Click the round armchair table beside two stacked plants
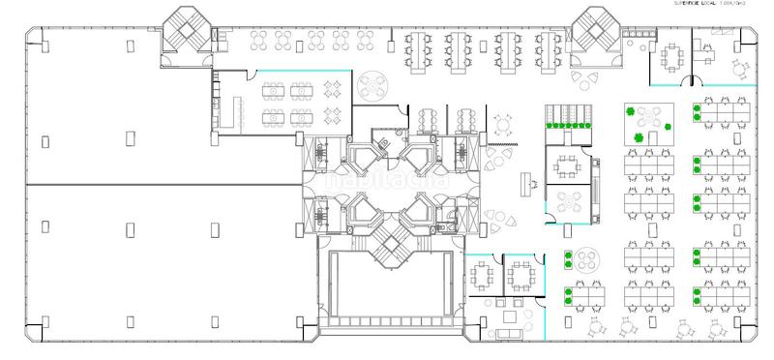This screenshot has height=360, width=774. coord(585,262)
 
